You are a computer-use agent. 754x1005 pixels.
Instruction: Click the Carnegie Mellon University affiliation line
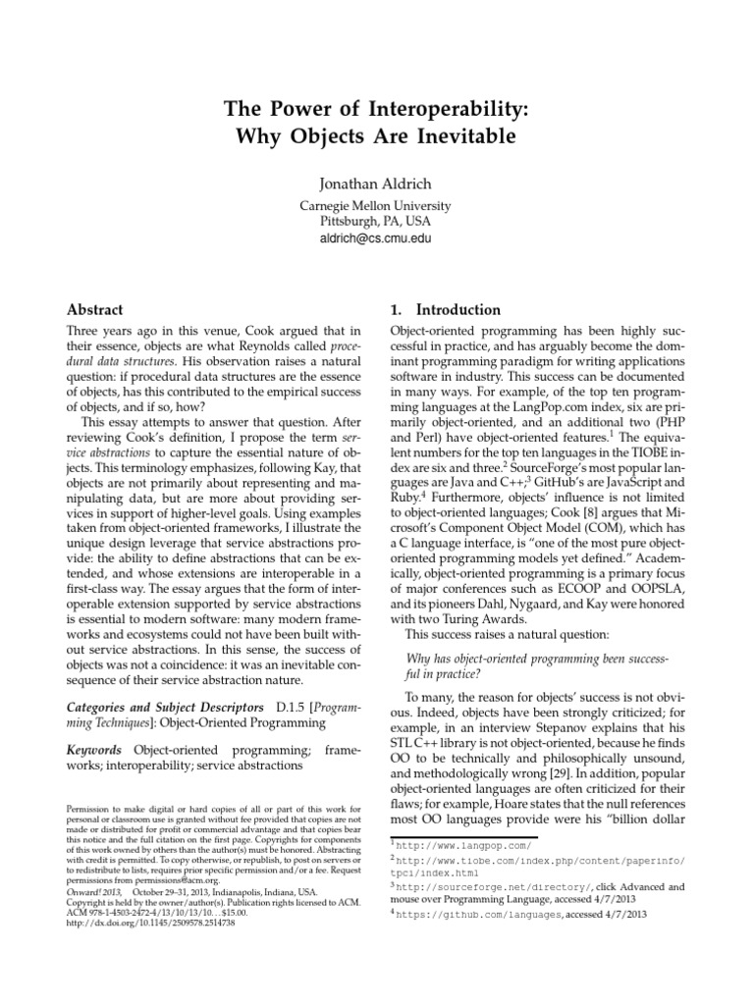pos(377,206)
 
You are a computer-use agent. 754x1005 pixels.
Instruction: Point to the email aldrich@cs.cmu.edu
pos(377,238)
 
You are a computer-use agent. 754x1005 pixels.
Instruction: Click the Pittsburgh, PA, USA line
pos(377,222)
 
